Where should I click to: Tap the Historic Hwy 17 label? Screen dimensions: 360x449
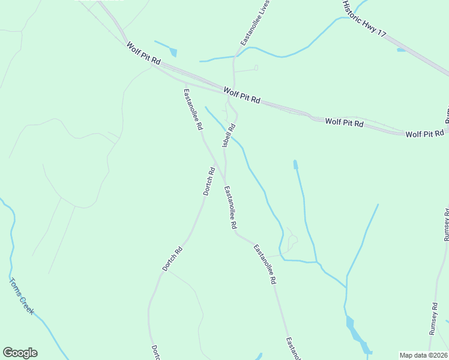(364, 19)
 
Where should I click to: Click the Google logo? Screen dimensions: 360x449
(20, 353)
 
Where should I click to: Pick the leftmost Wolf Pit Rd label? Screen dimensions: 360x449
(144, 53)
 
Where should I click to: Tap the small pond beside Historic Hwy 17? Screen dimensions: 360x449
(401, 50)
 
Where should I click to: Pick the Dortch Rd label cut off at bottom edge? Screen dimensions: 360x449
(155, 352)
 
